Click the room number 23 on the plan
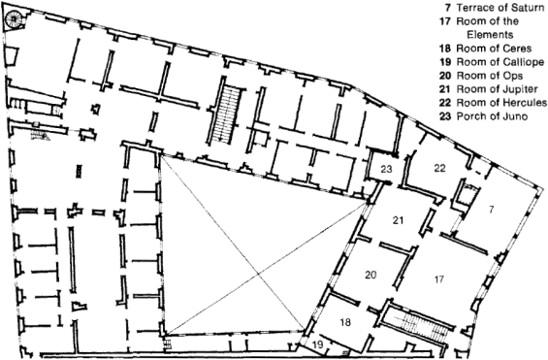coord(387,170)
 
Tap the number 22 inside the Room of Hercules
coord(439,168)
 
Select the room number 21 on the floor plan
coord(398,220)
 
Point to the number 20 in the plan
coord(371,275)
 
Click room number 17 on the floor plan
coord(439,279)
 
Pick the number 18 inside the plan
coord(345,322)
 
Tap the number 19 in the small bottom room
coord(318,345)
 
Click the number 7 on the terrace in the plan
coord(492,210)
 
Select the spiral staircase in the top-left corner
coord(15,17)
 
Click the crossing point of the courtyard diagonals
coord(259,274)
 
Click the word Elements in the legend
coord(490,35)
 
